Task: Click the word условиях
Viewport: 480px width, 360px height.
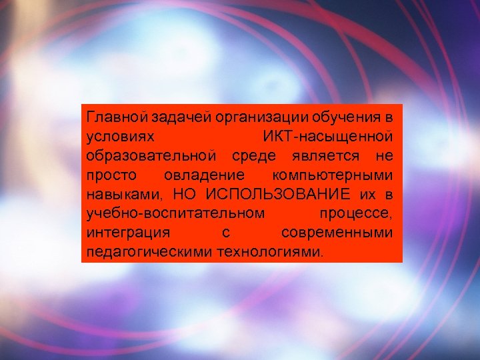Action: pos(121,137)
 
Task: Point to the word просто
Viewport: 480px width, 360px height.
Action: pos(111,175)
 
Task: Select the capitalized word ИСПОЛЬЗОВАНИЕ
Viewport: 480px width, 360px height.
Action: pos(278,195)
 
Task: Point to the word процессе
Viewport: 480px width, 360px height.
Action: pos(356,214)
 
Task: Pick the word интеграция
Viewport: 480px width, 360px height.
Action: pos(127,233)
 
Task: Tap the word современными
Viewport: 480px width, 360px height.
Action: pos(337,233)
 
